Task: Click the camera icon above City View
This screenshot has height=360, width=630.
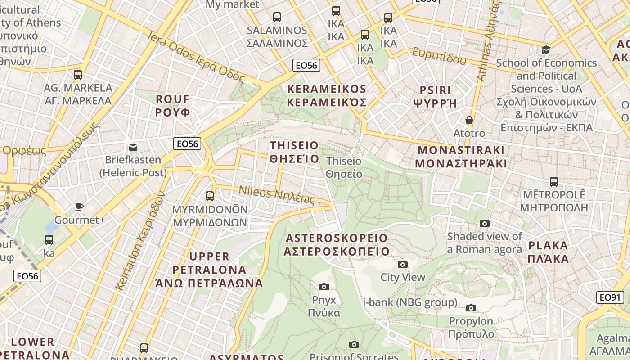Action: pyautogui.click(x=403, y=264)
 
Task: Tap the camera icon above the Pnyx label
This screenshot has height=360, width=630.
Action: pyautogui.click(x=324, y=287)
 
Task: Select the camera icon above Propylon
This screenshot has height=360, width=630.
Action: pyautogui.click(x=471, y=308)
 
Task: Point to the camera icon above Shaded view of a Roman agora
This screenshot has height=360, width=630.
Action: pyautogui.click(x=485, y=223)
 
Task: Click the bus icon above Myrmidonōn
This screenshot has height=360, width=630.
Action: pyautogui.click(x=210, y=196)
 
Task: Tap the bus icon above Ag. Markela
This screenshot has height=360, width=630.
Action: pyautogui.click(x=78, y=74)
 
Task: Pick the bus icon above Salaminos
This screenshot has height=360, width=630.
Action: pyautogui.click(x=277, y=17)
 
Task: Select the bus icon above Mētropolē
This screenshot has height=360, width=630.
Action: pyautogui.click(x=554, y=182)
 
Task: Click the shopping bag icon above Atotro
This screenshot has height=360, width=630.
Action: pyautogui.click(x=469, y=120)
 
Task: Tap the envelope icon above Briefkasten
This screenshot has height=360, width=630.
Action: pyautogui.click(x=133, y=147)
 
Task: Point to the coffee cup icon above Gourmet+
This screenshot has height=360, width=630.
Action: pyautogui.click(x=80, y=207)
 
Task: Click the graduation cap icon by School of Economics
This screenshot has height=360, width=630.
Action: pyautogui.click(x=546, y=49)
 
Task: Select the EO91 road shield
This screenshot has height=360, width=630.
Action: pyautogui.click(x=610, y=297)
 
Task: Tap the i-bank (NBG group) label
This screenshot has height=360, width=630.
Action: pyautogui.click(x=410, y=302)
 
